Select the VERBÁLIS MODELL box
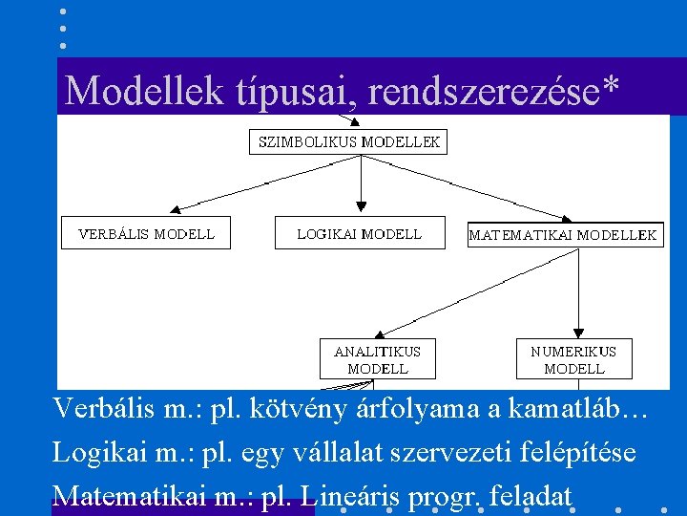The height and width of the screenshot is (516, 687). pos(146,233)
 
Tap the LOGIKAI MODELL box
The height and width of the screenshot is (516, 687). pos(360,233)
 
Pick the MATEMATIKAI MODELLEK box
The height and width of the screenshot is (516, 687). pos(565,235)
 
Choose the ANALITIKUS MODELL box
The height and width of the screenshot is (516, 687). pos(377,359)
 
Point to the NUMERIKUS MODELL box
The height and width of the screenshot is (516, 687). pos(573,359)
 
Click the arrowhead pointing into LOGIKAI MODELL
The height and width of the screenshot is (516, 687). pos(361,204)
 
